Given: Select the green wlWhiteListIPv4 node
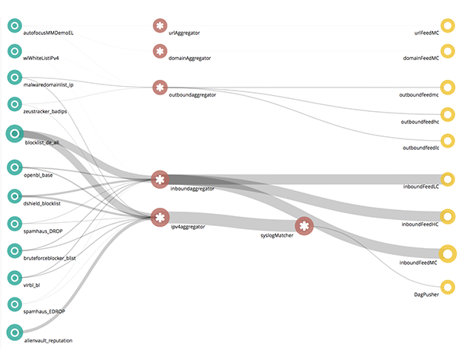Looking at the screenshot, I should tap(14, 51).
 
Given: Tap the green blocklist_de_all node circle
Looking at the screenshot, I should tap(14, 134).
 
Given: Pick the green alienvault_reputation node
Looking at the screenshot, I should tap(14, 332).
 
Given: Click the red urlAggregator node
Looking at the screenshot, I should tap(159, 26).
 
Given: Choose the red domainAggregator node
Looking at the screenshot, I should tap(159, 51).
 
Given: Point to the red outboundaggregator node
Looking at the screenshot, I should tap(159, 88).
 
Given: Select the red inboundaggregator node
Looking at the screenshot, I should tap(159, 180).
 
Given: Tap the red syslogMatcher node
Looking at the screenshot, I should tap(304, 226).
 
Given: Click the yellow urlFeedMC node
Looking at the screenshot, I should tap(448, 26).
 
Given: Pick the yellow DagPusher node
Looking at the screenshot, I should tap(448, 286).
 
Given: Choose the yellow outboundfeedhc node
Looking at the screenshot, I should tap(448, 114).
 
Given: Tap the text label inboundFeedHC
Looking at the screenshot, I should tap(419, 225).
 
